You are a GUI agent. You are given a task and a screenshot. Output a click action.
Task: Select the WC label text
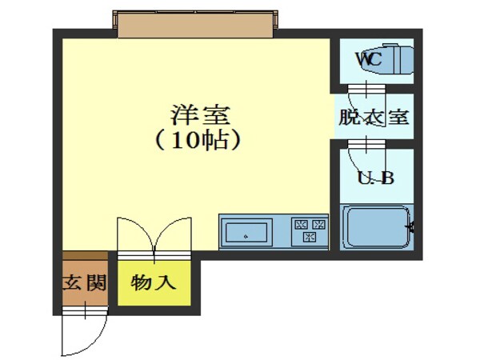368,58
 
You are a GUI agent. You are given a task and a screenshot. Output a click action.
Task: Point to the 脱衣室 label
374,117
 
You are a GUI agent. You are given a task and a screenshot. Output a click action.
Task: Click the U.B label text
374,178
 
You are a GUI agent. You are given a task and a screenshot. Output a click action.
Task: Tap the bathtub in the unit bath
376,227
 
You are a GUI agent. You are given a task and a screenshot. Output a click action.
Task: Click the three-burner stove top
310,232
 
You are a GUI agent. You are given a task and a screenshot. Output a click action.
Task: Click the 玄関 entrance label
83,283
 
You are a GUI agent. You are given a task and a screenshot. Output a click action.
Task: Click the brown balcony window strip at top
197,23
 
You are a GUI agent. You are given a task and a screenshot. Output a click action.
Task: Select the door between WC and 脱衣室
367,88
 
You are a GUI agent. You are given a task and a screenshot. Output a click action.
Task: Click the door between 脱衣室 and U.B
367,144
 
